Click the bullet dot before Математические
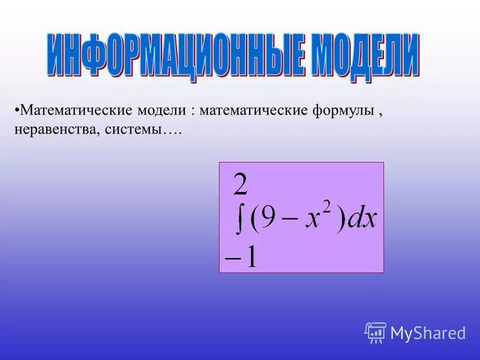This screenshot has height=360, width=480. (16, 110)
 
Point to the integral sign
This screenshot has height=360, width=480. (239, 220)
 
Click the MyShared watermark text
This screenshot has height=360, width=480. (428, 333)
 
